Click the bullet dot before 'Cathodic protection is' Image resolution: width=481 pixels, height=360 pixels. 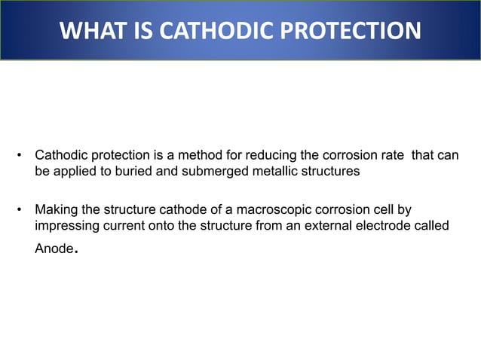(x=19, y=157)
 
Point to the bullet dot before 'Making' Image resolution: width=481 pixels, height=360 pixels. (x=19, y=209)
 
